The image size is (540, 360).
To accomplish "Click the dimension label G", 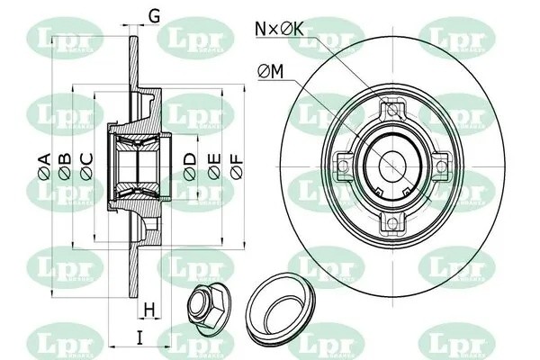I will (x=154, y=15).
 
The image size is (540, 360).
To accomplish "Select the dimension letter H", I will (x=150, y=310).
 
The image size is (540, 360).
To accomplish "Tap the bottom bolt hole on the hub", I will (x=390, y=220).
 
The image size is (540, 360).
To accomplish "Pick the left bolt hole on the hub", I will (x=342, y=166).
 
